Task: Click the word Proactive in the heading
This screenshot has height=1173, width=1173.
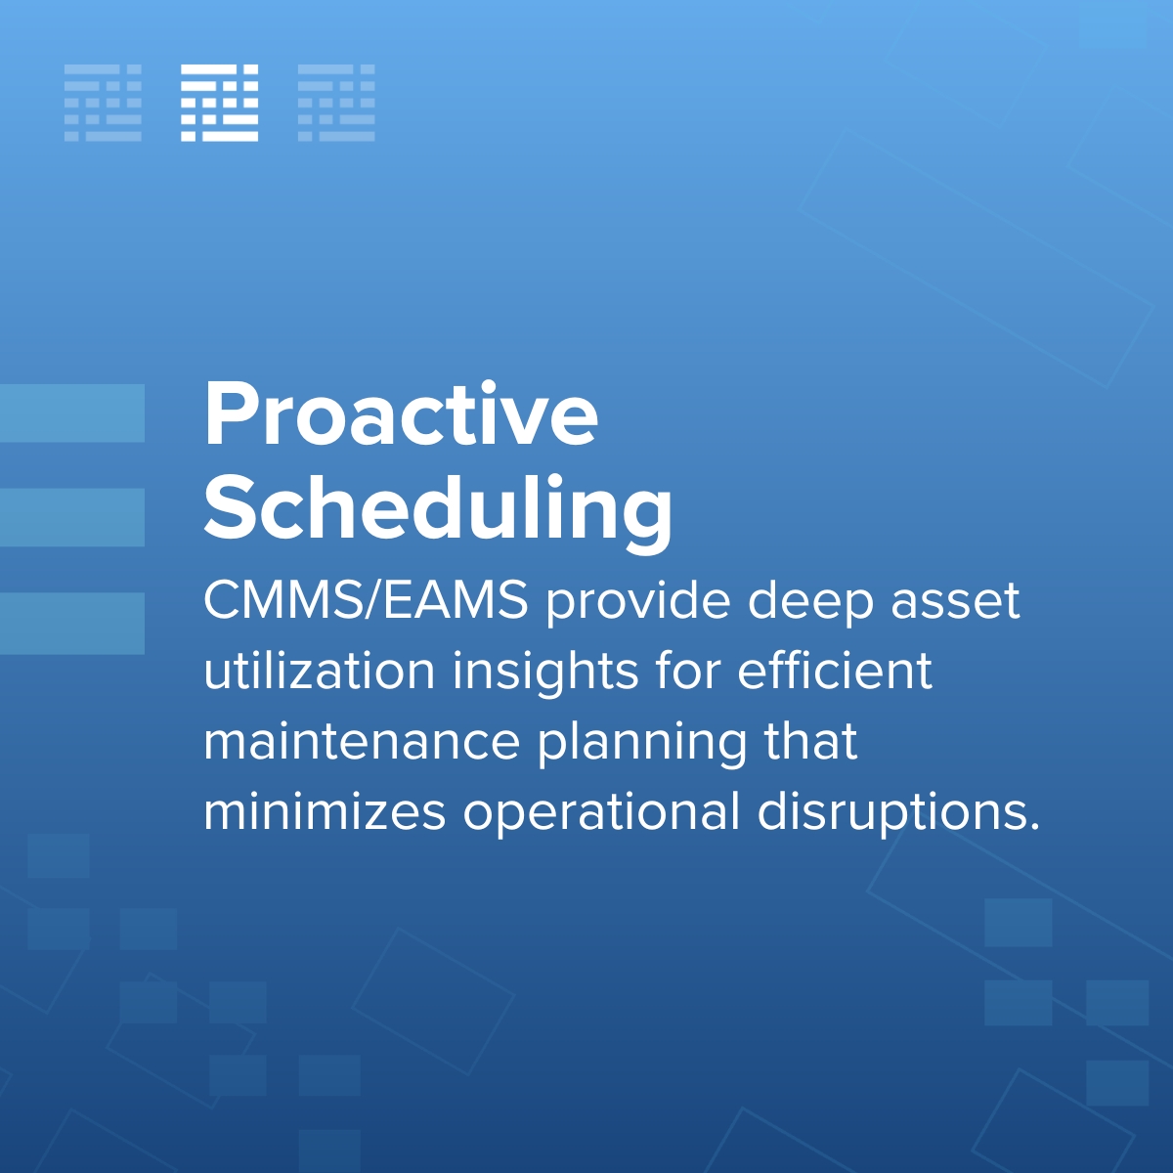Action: (x=401, y=414)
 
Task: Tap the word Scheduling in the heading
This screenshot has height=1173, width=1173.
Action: (x=438, y=508)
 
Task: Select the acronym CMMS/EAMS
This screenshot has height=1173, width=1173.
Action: (x=366, y=600)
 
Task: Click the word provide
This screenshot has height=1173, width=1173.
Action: (x=637, y=602)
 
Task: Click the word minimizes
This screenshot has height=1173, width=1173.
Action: (x=325, y=811)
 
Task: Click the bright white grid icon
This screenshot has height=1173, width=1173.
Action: (x=220, y=103)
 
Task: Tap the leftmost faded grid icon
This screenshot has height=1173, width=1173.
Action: (x=103, y=103)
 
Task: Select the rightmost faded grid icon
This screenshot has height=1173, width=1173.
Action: (x=336, y=103)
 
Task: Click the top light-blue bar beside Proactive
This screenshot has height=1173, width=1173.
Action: (x=72, y=413)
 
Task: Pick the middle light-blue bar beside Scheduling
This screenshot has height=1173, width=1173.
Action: (x=72, y=517)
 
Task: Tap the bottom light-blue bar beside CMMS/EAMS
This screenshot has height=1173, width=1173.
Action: (x=72, y=623)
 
